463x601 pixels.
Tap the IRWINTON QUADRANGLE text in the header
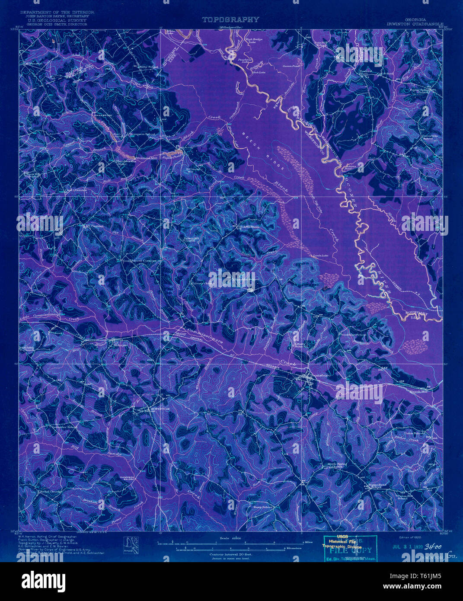pyautogui.click(x=416, y=24)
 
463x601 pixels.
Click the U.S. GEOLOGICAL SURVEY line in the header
pyautogui.click(x=54, y=20)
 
